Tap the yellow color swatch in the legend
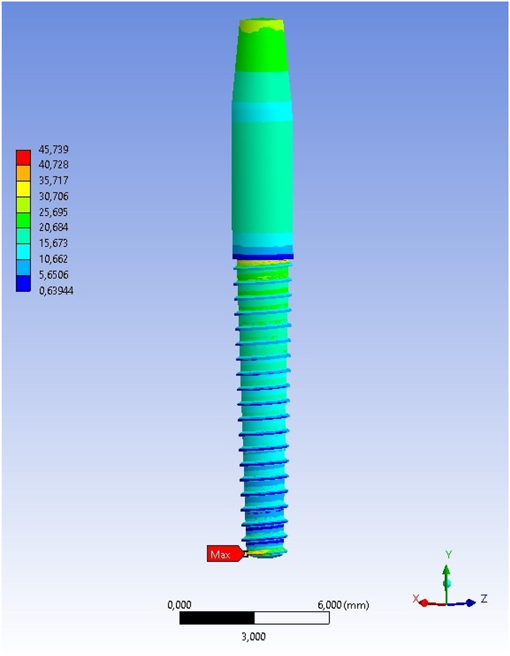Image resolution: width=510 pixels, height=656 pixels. coord(23,189)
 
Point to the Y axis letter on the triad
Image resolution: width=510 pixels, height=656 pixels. coord(449,554)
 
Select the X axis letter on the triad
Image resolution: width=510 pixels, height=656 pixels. coord(416,598)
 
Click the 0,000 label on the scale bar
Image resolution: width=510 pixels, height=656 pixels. coord(180,605)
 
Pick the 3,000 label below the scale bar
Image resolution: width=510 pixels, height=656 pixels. coord(254,636)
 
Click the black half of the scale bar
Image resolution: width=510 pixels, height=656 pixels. coord(217,618)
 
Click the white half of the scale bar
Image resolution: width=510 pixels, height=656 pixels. coord(292,618)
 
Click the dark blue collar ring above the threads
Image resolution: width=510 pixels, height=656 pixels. coord(263,257)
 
